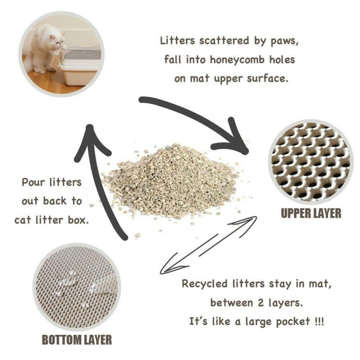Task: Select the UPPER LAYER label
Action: tap(311, 213)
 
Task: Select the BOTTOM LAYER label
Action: tap(77, 339)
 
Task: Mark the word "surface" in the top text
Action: tap(266, 78)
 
